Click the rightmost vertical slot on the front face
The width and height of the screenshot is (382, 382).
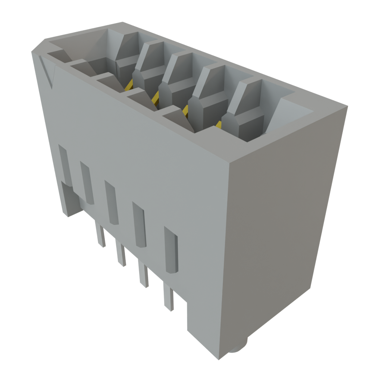171,250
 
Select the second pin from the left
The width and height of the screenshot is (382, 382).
120,254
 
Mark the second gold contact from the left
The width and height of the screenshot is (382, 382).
155,98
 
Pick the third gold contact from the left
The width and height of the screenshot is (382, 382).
184,110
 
